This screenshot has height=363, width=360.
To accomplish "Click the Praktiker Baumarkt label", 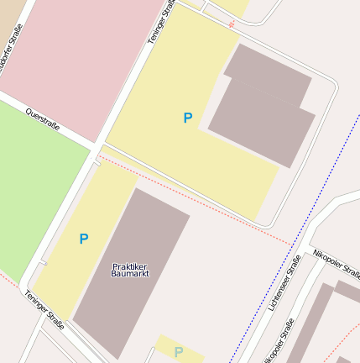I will pos(130,270).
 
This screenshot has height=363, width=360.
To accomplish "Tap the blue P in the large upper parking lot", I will pos(188,118).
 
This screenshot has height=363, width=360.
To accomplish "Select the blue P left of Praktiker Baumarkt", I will pos(83,239).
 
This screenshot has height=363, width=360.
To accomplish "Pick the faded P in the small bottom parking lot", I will pos(178,352).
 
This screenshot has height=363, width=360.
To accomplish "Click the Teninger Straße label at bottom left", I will pos(44,308).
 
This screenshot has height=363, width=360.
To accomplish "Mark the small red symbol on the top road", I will pos(232,24).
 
